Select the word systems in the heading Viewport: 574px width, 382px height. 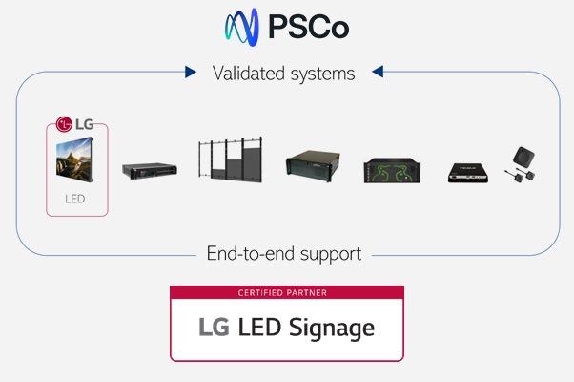[320, 73]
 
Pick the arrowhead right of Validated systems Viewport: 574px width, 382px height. [378, 72]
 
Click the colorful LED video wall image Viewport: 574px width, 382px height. [77, 160]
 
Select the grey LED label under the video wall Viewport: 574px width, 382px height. [76, 201]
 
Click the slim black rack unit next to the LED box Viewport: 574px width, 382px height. [150, 170]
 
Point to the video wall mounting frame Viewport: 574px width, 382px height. [228, 161]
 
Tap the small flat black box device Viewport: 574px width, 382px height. [470, 172]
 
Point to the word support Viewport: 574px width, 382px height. [331, 255]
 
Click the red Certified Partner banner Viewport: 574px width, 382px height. [286, 292]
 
